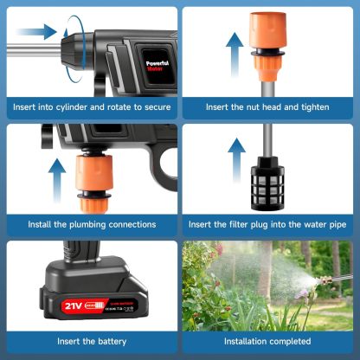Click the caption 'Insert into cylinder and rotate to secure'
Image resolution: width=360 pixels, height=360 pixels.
coord(91,107)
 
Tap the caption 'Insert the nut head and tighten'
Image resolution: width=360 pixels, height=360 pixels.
coord(268,107)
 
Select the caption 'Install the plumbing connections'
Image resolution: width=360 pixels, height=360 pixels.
coord(92,224)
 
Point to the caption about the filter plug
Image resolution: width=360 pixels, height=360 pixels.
coord(268,224)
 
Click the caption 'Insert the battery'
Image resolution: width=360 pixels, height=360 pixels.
coord(92,341)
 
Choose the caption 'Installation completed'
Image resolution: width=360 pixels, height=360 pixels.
coord(268,341)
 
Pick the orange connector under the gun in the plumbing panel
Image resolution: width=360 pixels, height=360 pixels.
coord(92,183)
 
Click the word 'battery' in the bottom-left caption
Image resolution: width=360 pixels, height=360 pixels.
coord(114,341)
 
